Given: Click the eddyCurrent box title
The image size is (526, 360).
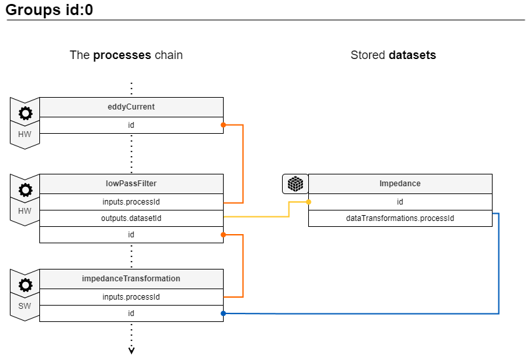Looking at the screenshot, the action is pos(131,107).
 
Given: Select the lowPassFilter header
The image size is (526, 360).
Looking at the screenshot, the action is pos(131,184).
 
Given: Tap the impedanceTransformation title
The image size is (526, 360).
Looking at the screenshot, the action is pos(131,279).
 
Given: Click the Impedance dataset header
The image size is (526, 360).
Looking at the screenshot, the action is pos(400,184).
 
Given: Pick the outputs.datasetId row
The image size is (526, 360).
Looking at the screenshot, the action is pos(131,218).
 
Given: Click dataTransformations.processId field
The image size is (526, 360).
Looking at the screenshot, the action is pos(400,218).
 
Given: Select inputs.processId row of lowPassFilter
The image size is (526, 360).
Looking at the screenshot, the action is pos(131,202).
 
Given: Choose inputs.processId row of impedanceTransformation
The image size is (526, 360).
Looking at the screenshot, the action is pos(131,297).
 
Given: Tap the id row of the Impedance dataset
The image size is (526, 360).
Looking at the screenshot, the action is pos(400,202).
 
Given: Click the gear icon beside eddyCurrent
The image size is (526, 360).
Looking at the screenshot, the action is pos(26,113).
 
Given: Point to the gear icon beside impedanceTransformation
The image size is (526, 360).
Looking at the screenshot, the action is pos(26,285).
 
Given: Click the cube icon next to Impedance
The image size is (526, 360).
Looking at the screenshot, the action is pos(295,184).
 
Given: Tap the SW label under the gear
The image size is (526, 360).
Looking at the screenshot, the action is pos(24,306).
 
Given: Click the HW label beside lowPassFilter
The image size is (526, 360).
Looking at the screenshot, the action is pos(24,211).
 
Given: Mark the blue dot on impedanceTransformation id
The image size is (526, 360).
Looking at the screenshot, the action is pos(223,313).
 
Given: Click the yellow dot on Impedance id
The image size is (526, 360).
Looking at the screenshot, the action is pos(309,202).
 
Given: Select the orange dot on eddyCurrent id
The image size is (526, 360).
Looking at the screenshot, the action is pos(223,125).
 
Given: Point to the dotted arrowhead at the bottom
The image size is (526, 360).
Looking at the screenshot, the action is pos(131,351).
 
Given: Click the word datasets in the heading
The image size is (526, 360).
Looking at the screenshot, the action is pos(413,55).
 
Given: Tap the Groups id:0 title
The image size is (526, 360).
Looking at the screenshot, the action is pos(49,10).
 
